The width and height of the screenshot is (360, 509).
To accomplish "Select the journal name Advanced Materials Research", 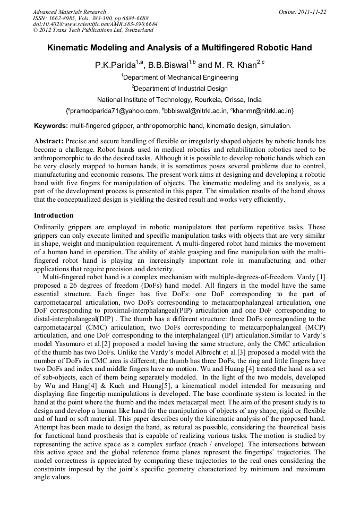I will (69, 12).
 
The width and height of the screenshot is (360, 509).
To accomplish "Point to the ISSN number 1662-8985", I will (64, 18).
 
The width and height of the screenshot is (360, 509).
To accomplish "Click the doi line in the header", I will (95, 24).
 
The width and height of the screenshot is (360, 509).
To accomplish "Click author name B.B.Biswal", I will (169, 65).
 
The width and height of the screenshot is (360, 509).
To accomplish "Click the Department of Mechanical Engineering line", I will (180, 77).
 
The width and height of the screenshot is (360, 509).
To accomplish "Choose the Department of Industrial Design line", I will (180, 89).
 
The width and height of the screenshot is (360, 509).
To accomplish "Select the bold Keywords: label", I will (51, 126).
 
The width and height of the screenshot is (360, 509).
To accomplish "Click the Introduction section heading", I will (54, 215).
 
